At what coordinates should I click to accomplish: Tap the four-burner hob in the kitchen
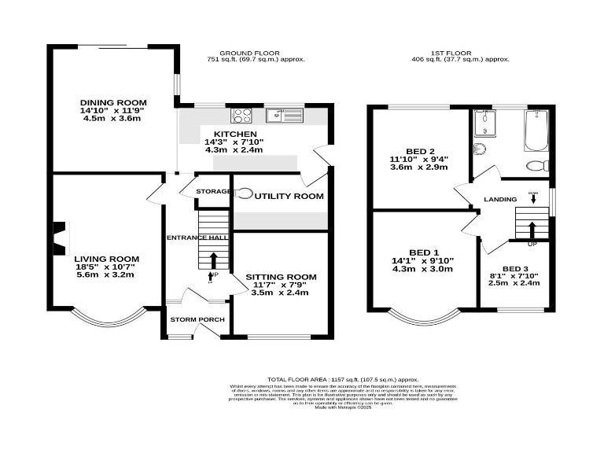(240, 115)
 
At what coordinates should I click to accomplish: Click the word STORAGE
(212, 191)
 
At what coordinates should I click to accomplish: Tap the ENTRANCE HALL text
(197, 238)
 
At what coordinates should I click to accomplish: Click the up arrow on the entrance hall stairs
(212, 260)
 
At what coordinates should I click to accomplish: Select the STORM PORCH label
(197, 319)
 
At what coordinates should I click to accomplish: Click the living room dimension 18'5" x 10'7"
(106, 267)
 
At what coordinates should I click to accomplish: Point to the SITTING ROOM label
(281, 277)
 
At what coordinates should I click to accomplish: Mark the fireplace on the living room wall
(57, 234)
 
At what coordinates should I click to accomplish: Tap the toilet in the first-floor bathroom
(536, 166)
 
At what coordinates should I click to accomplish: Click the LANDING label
(499, 200)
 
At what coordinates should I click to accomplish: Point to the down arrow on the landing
(532, 197)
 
